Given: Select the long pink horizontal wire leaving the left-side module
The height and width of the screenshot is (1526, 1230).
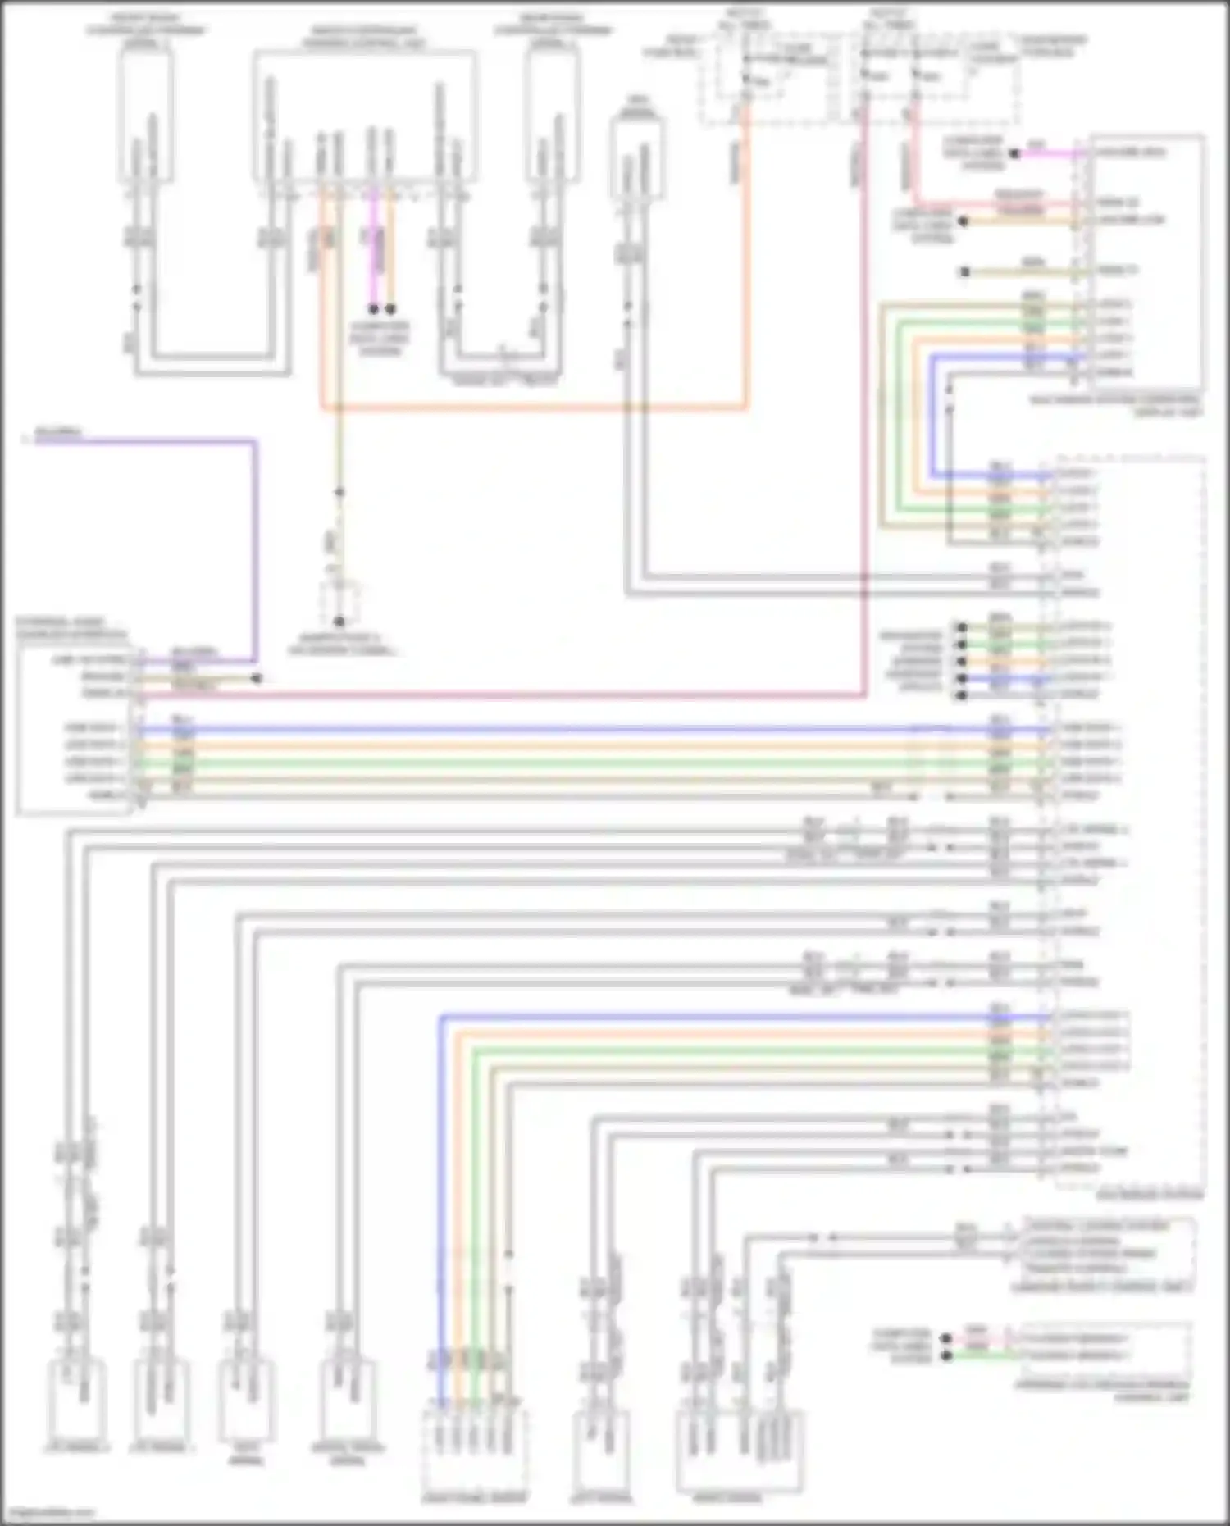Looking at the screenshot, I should point(492,697).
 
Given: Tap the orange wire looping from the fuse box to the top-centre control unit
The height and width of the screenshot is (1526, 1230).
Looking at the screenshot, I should point(533,407).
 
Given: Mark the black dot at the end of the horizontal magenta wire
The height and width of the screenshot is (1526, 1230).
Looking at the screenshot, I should point(1014,153).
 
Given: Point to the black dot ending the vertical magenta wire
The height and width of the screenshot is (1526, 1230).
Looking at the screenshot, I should point(373,309).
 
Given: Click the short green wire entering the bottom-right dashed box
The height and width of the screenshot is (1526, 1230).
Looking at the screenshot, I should point(984,1355).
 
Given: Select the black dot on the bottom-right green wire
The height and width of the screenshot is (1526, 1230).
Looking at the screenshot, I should point(946,1355).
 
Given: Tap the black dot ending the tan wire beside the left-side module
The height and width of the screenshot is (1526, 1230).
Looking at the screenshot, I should point(257,678).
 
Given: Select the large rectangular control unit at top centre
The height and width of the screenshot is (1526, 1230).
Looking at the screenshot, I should point(365,115).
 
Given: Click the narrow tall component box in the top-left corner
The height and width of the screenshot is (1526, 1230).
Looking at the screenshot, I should point(146,115).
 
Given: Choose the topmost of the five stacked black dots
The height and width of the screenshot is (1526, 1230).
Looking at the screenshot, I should point(961,627).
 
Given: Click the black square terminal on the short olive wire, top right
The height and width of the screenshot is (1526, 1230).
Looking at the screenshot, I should point(965,271).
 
